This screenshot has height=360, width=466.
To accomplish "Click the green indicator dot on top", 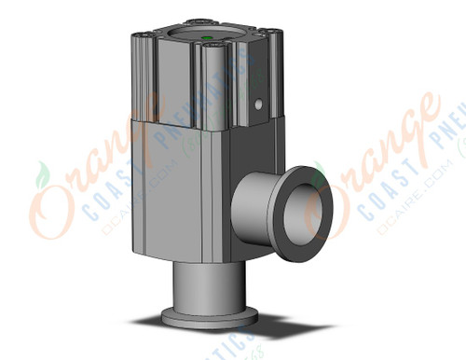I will pyautogui.click(x=207, y=39).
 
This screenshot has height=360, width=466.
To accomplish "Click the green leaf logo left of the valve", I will pyautogui.click(x=41, y=175).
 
